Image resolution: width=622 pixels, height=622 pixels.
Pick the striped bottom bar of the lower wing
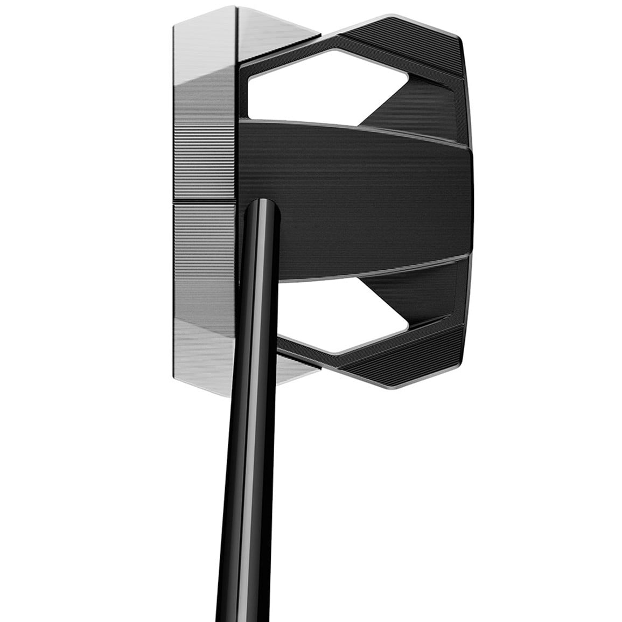[404, 361]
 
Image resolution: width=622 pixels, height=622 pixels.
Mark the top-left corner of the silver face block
[174, 24]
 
